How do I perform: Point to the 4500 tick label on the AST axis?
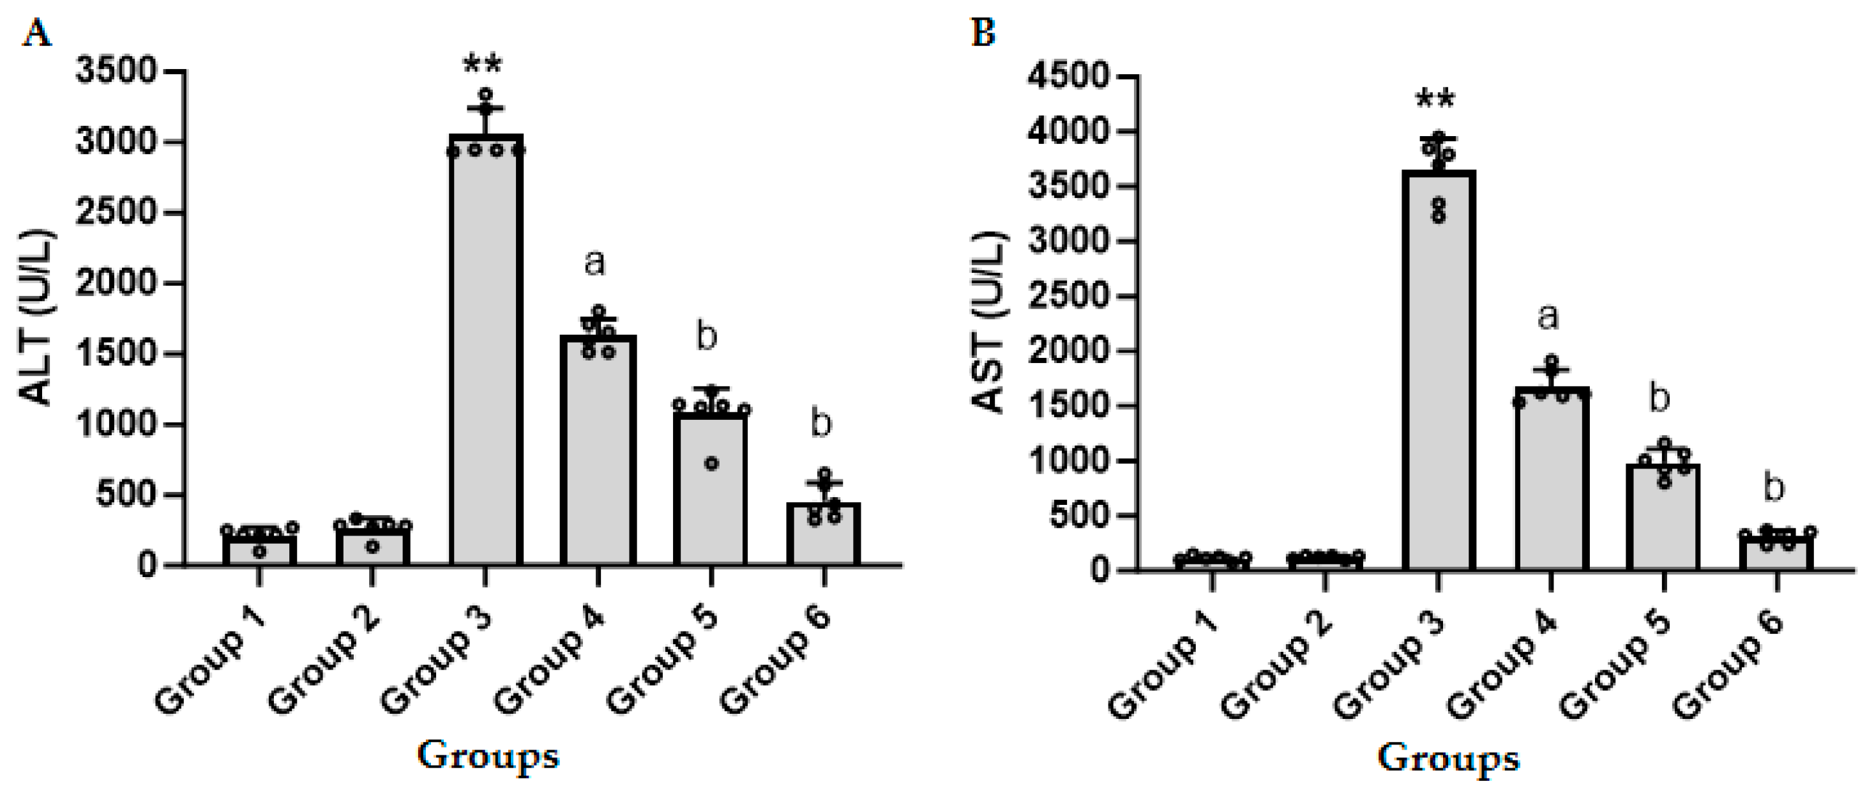[1068, 77]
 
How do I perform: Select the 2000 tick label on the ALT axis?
[116, 284]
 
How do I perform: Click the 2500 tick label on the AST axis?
[1068, 297]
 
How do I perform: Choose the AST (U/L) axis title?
[988, 323]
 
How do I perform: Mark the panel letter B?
[983, 33]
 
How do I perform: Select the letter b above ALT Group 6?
[820, 424]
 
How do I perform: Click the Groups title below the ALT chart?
[488, 757]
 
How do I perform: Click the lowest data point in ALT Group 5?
[712, 463]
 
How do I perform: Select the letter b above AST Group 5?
[1659, 399]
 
